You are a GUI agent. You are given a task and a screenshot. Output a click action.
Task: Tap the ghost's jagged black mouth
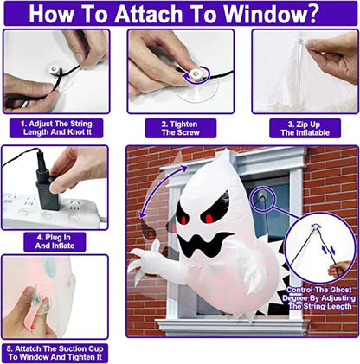(x=205, y=243)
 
